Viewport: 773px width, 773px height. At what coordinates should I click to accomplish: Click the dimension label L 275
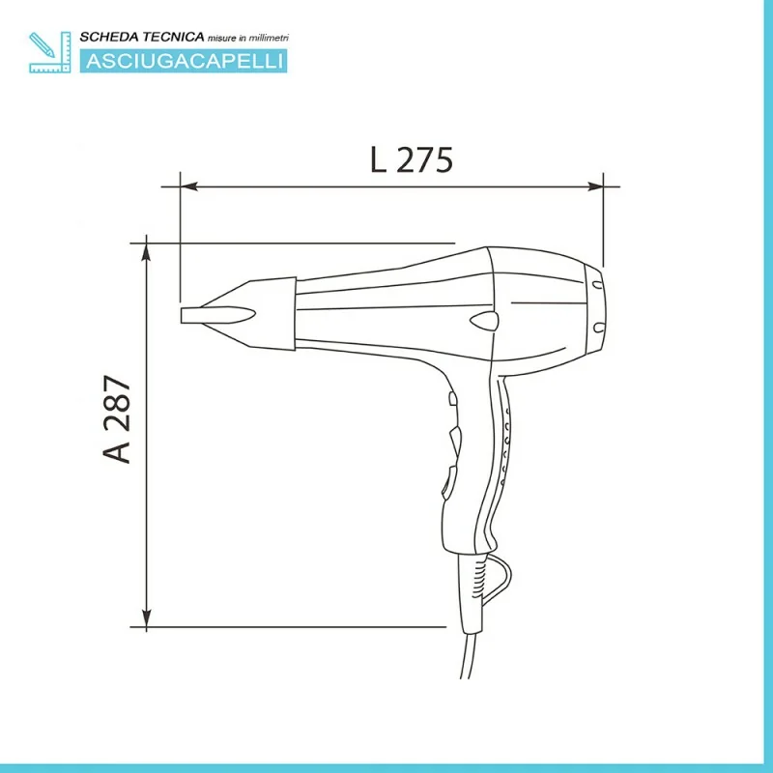point(412,159)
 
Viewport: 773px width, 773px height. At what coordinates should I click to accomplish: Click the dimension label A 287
point(117,419)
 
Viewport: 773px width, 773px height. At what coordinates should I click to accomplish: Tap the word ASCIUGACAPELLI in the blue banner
point(185,61)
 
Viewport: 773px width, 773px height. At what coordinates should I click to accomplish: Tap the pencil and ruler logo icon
point(50,52)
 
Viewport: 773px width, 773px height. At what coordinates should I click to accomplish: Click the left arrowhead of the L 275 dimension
point(188,186)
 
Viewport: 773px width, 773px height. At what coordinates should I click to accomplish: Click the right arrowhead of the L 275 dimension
point(595,186)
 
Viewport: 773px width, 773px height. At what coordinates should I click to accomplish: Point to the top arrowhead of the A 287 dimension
point(147,252)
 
